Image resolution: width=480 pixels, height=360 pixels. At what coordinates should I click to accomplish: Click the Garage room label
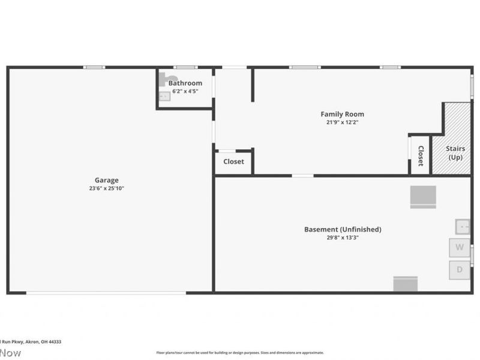pos(106,180)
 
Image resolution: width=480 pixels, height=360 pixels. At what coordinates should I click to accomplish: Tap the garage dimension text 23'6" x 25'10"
pos(106,188)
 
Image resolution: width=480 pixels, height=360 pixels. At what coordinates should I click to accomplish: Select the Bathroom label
pos(185,83)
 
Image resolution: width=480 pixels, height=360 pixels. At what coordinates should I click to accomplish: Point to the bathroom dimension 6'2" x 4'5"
pos(185,91)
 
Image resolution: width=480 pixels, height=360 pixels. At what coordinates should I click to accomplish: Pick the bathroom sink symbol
pos(164,96)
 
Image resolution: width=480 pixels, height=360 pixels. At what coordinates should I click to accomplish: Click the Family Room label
pos(342,114)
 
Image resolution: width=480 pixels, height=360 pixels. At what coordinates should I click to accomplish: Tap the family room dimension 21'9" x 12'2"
pos(342,122)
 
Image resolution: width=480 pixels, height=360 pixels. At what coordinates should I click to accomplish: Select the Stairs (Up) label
pos(455,153)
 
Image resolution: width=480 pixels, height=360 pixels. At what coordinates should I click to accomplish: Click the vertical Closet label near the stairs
pos(421,156)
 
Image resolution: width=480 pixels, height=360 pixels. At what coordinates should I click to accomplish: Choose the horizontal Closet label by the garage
pos(233,162)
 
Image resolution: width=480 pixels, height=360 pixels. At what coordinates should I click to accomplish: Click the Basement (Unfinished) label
pos(343,229)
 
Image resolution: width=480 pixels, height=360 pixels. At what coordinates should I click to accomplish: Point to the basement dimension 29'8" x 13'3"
pos(343,238)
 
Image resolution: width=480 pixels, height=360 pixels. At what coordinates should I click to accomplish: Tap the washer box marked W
pos(460,247)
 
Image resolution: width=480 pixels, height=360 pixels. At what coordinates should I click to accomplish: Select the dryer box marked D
pos(460,269)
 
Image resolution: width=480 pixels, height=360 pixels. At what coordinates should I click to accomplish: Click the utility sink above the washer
pos(463,227)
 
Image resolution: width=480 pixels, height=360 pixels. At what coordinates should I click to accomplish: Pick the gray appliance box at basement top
pos(423,197)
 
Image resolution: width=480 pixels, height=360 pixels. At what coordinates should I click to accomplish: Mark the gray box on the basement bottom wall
pos(405,284)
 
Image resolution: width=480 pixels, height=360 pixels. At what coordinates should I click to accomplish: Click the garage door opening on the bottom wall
pos(106,293)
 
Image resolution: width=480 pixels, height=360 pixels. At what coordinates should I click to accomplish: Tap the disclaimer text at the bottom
pos(240,353)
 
